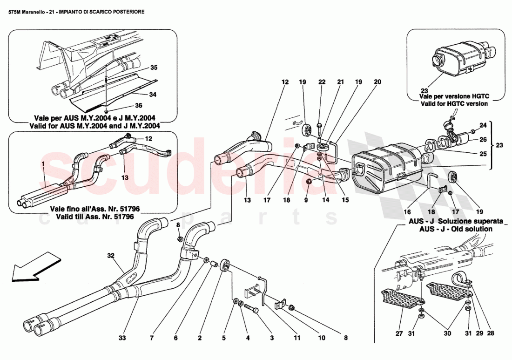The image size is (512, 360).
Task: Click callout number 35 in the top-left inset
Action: [x=154, y=68]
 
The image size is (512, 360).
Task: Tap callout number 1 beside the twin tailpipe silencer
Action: [x=43, y=164]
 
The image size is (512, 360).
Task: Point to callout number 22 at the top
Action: [x=321, y=82]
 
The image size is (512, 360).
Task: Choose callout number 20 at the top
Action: [x=377, y=82]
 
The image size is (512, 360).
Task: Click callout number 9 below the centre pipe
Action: [x=306, y=201]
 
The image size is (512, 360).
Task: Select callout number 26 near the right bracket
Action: [x=483, y=139]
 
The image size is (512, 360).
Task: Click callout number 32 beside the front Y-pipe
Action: [x=110, y=255]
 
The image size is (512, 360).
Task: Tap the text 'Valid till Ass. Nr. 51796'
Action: [x=94, y=217]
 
